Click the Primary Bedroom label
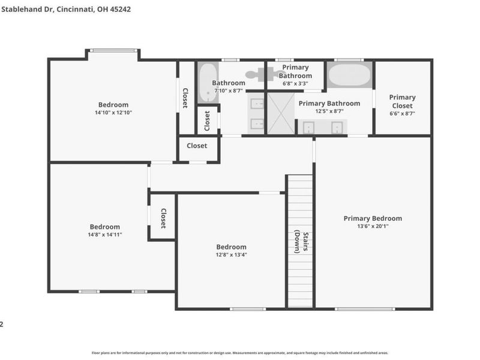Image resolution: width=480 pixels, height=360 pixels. pos(373,218)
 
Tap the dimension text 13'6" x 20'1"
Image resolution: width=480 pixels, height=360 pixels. pos(373,226)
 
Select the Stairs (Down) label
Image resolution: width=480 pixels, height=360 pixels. pos(301,242)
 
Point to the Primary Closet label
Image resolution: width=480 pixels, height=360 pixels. pos(402,101)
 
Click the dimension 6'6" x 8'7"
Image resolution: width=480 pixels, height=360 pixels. pos(402,113)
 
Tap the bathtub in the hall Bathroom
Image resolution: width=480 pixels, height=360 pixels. pos(208,82)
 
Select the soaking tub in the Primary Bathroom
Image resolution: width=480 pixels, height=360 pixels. pos(349,74)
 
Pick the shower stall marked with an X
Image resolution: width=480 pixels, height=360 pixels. pos(281,113)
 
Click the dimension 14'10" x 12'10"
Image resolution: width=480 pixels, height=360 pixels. pos(113,112)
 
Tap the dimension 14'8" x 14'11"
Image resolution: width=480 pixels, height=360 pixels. pos(104,235)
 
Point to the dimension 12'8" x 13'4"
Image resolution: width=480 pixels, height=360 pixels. pos(231,254)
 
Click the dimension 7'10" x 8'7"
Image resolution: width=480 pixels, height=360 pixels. pos(229,91)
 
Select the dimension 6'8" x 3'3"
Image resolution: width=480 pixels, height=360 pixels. pos(295,83)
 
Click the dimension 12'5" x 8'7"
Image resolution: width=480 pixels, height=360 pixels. pos(329,111)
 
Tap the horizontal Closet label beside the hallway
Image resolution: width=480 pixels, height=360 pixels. pos(197,146)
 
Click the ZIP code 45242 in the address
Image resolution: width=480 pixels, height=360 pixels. pos(120,9)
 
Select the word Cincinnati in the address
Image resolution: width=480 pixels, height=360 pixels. pos(75,10)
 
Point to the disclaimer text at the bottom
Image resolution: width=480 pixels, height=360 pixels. pos(239,353)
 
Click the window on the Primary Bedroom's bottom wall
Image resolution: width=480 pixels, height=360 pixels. pos(365,309)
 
